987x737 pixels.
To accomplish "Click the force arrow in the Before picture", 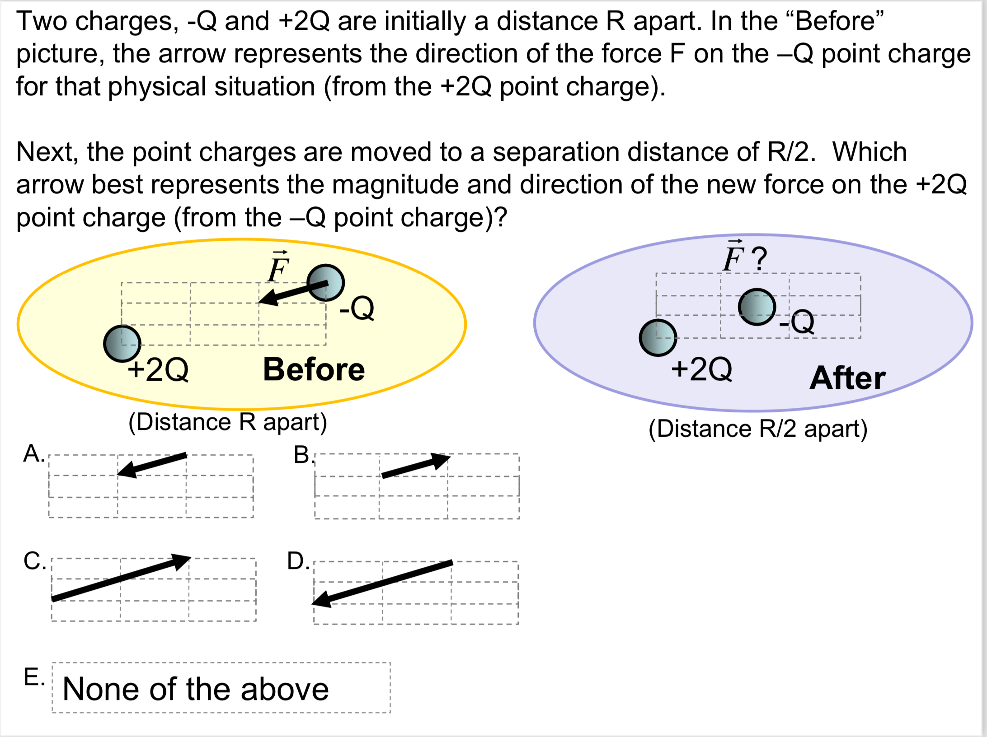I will [293, 292].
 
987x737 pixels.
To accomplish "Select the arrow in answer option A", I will [152, 464].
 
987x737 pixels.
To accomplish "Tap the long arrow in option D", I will [382, 583].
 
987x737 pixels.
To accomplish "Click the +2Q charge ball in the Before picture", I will [122, 344].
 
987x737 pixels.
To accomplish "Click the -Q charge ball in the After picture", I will [757, 307].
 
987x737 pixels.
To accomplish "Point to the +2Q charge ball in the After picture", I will [658, 338].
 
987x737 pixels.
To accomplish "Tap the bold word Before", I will [314, 369].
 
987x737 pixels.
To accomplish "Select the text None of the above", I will [196, 689].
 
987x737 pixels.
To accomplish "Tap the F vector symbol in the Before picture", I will [278, 267].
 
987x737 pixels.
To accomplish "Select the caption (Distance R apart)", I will [228, 422].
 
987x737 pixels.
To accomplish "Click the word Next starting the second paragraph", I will [47, 152].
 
